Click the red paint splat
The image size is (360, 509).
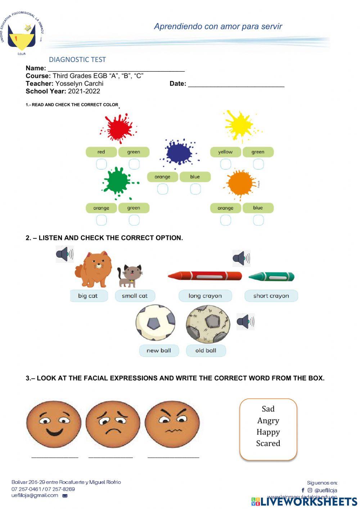coord(118,128)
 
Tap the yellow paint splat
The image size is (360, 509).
coord(239,125)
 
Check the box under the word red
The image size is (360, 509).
coord(102,164)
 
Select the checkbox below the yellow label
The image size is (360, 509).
coord(226,164)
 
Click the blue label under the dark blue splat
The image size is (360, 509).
coord(195,177)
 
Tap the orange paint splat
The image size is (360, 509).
coord(240,184)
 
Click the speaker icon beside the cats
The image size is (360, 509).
coord(64,254)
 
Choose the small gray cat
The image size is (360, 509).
coord(131,276)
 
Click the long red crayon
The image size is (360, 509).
coord(204,276)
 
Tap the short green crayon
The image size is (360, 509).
coord(272,277)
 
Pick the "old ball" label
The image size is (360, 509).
coord(206,351)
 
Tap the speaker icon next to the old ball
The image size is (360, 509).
coord(246,322)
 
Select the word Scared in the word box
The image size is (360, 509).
coord(268,443)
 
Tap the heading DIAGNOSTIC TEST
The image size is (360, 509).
coord(77,60)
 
